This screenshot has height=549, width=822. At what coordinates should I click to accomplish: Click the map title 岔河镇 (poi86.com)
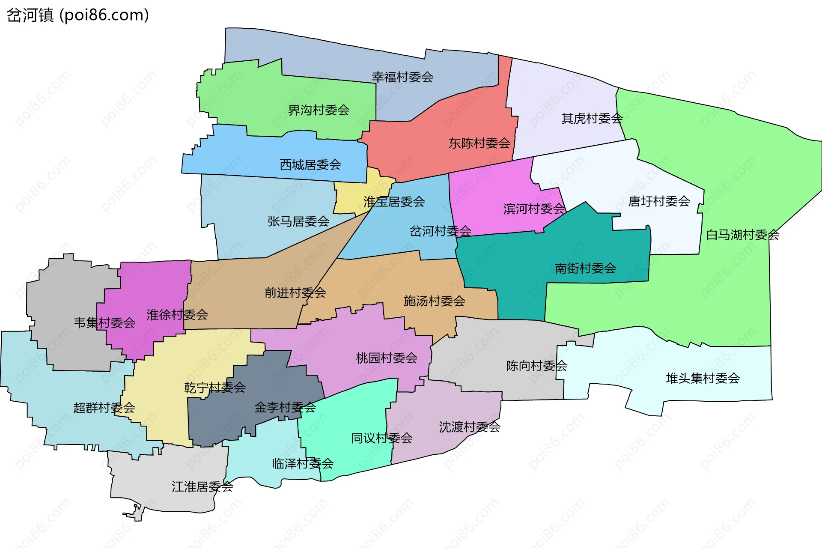pos(77,15)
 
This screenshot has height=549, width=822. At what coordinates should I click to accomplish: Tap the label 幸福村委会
pos(402,77)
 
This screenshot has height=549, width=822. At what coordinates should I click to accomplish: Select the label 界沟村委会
pos(319,110)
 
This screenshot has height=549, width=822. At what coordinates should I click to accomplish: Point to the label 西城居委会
pos(310,164)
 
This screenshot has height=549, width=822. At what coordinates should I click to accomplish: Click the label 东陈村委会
pos(479,143)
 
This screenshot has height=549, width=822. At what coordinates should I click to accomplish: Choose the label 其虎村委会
pos(592,118)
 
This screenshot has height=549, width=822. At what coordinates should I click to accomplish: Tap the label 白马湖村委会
pos(742,235)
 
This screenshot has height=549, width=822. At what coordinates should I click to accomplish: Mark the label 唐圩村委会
pos(659,201)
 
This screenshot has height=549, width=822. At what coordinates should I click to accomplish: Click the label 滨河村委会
pos(534,209)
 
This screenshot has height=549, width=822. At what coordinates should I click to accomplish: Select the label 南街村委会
pos(585,268)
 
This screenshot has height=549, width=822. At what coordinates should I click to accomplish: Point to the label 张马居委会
pos(298,221)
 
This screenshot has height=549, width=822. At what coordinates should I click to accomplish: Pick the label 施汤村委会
pos(434,301)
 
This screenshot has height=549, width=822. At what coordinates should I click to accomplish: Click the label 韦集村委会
pos(104,322)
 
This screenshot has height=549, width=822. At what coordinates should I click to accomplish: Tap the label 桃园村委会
pos(387,358)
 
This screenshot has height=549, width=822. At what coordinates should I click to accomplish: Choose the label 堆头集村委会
pos(703,378)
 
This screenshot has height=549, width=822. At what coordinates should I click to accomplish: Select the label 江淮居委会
pos(202,486)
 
